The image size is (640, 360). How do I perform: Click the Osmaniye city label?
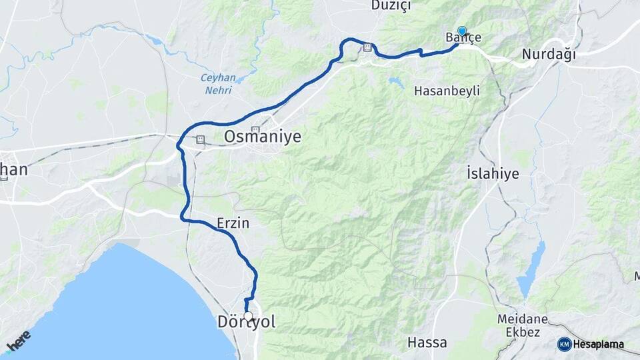coord(263,137)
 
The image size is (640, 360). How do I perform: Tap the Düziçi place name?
coord(391,6)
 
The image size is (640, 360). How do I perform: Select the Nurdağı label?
coord(549,55)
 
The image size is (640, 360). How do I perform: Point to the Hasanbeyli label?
coord(447,90)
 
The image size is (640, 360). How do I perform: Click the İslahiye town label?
coord(493,174)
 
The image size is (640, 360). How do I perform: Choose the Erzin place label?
coord(233,223)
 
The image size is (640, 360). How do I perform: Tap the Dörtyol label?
coord(247,323)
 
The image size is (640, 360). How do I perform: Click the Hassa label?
coord(427,343)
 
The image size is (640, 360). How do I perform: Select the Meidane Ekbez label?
coord(523,326)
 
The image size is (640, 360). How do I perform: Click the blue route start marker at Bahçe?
coord(462,31)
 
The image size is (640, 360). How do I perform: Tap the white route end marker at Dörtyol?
coord(248,316)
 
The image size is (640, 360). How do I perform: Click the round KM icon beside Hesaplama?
coord(565,344)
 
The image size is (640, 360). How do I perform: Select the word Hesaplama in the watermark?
coord(599,345)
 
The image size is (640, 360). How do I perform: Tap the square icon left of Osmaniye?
coord(201,140)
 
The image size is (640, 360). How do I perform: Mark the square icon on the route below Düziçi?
coord(367,47)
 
